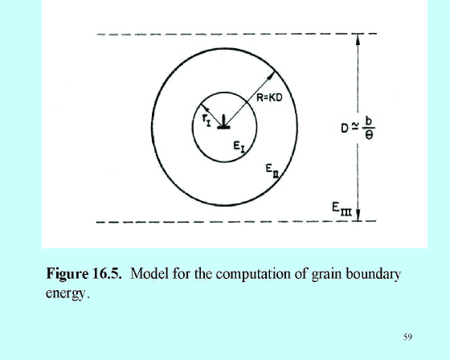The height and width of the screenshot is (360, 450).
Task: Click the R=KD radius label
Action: coord(269,98)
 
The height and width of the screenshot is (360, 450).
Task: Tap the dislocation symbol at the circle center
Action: coord(223,122)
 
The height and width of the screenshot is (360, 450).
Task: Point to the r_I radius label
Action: coord(207,120)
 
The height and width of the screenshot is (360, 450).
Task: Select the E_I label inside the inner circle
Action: coord(239,147)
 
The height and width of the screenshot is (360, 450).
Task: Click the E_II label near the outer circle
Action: coord(272,170)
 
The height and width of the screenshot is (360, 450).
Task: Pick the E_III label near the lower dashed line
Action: coord(342,209)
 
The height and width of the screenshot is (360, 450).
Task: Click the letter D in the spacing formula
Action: coord(345,129)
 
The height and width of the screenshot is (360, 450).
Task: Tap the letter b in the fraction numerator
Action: coord(369,121)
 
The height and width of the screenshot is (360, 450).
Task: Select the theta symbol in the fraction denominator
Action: coord(370,135)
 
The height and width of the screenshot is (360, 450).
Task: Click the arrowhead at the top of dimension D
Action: coord(358,39)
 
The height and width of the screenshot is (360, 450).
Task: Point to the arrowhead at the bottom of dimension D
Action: coord(358,215)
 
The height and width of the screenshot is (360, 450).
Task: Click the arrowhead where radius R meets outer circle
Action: coord(272,75)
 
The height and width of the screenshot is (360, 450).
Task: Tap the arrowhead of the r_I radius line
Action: coord(204,108)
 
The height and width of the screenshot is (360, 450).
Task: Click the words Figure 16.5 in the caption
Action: coord(84,273)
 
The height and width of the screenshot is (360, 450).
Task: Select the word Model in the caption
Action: coord(149,273)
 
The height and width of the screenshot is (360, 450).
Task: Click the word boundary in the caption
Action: coord(373,275)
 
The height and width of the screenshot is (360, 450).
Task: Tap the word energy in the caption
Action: coord(66,293)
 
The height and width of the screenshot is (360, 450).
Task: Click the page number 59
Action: coord(408,337)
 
